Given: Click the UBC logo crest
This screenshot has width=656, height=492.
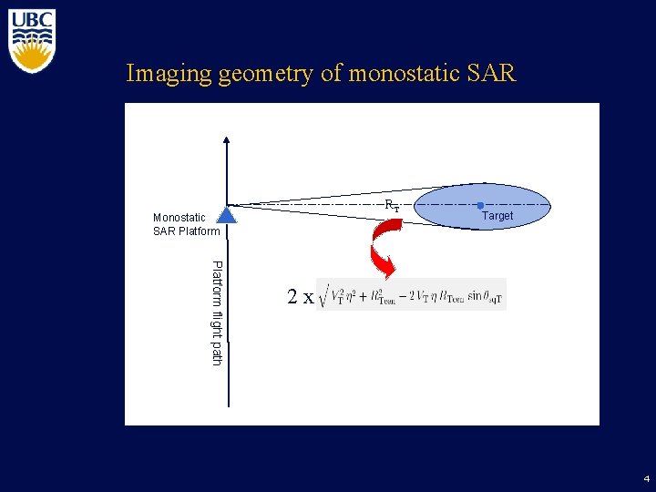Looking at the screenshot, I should click(x=32, y=41).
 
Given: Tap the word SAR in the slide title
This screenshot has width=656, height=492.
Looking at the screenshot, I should click(x=492, y=73).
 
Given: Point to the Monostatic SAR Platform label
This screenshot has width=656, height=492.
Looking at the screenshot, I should click(x=186, y=223).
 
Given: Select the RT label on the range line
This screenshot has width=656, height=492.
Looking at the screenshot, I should click(x=391, y=206).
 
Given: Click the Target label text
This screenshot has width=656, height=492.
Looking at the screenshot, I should click(x=497, y=216).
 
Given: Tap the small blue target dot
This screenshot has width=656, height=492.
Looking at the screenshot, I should click(x=480, y=205).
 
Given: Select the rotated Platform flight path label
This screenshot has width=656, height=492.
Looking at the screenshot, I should click(x=217, y=313).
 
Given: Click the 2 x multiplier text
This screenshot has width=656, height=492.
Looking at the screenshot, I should click(x=300, y=296).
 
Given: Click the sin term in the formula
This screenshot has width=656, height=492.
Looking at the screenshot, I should click(x=475, y=296).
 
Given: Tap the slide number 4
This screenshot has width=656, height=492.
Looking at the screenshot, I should click(x=646, y=478).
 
